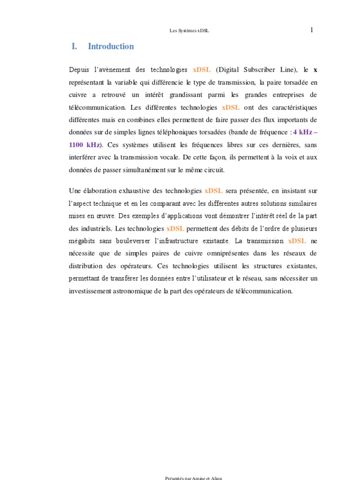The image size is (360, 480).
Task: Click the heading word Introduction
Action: point(111,46)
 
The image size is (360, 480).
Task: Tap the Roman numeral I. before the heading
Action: point(74,46)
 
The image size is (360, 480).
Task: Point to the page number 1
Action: point(312,30)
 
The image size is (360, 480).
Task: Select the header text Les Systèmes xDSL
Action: point(189,31)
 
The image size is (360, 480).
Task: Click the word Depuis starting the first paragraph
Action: point(78,70)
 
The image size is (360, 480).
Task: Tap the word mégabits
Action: point(80,241)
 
